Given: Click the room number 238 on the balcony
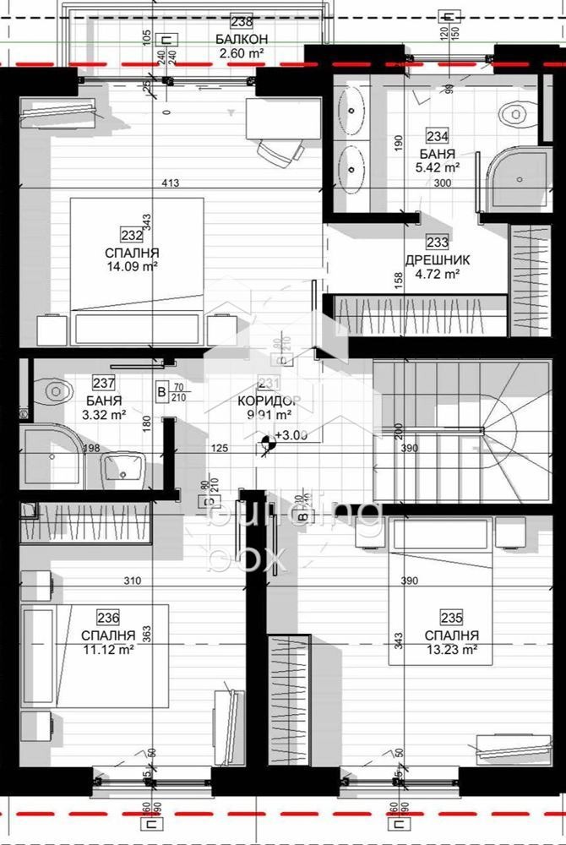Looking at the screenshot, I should pos(242,23).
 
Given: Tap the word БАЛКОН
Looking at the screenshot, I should pos(242,39).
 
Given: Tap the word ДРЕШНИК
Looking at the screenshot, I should pos(437,259).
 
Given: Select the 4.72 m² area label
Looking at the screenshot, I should pos(437,274).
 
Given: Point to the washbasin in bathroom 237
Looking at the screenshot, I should pos(124,467).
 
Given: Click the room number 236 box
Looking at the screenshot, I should pos(108,618).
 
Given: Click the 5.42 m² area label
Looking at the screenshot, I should pos(437,167).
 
